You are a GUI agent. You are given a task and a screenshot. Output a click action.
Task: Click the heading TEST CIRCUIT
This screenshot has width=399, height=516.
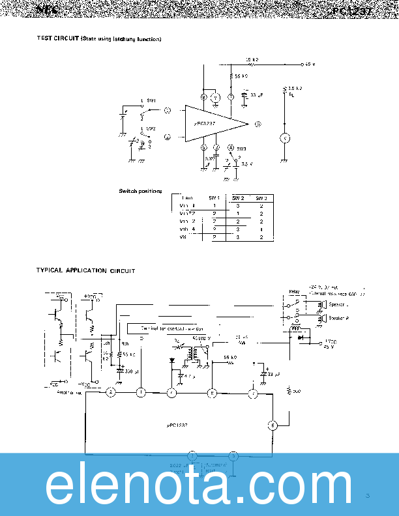coord(58,39)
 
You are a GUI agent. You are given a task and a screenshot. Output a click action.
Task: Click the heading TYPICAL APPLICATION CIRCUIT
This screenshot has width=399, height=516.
coord(85,270)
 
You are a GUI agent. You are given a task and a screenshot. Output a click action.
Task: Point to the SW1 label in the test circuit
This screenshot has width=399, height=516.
coord(151,100)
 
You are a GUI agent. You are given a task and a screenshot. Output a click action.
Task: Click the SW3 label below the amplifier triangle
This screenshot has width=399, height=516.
coord(241,147)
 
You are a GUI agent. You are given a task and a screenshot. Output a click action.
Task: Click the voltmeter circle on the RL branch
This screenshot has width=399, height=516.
coord(284,137)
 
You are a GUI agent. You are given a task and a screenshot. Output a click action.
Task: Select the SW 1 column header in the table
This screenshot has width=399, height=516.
coord(214,197)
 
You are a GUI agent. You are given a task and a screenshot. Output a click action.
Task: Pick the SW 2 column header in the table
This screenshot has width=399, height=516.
coord(238,197)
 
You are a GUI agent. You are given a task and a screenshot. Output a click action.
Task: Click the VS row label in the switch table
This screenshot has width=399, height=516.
coord(183,237)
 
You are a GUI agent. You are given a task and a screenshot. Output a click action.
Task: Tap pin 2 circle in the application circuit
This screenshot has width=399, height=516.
coord(111,392)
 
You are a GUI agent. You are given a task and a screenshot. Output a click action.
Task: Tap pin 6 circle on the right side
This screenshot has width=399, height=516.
coord(273,426)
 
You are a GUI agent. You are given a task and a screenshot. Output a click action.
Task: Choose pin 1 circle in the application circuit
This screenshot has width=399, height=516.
coord(141,392)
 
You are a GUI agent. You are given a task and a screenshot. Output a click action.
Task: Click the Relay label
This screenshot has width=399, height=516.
coord(293,291)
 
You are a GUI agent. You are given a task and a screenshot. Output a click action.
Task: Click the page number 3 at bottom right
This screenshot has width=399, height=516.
coord(368,496)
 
